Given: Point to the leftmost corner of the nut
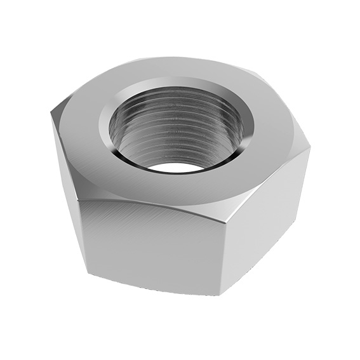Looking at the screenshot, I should coord(51,114).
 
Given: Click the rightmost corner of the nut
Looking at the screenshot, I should coord(310,147).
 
